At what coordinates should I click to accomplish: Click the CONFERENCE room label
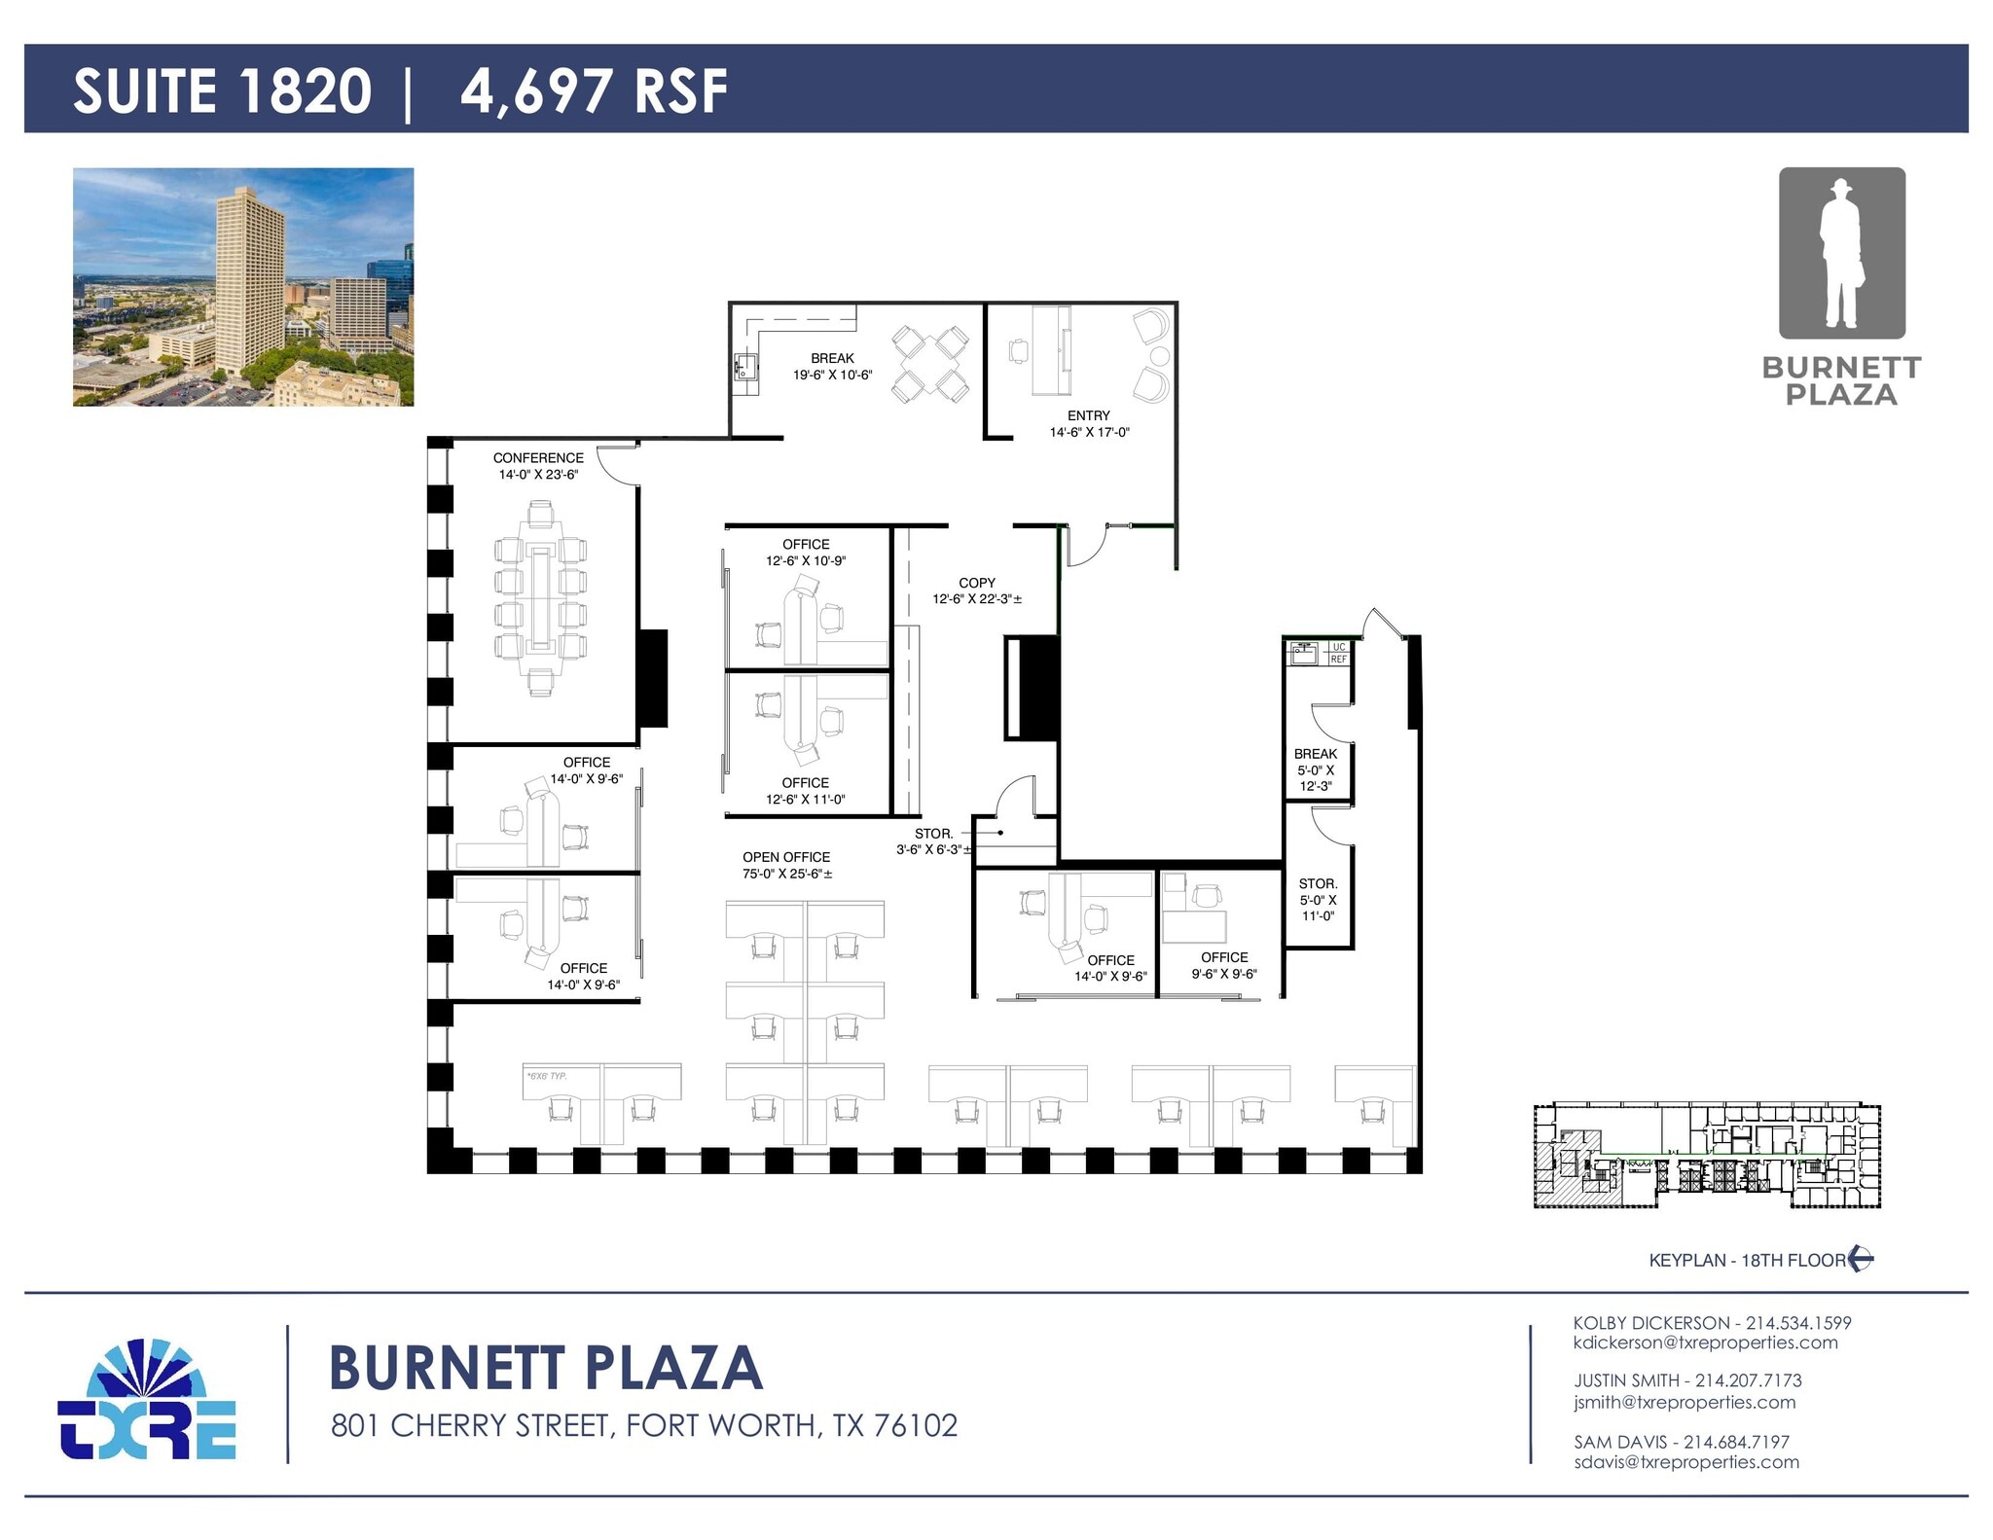coord(537,457)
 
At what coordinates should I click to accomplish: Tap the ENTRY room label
coord(1088,415)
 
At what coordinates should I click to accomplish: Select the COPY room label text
coord(977,583)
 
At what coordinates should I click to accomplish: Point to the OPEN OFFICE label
coord(786,857)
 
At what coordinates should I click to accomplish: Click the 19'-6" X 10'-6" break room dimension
coord(832,375)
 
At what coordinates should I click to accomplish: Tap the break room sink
coord(746,368)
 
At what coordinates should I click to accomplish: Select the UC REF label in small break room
coord(1338,653)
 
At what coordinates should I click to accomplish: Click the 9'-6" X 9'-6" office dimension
coord(1224,974)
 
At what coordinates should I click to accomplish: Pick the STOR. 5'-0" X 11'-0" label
coord(1318,899)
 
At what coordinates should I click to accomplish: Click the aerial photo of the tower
coord(243,287)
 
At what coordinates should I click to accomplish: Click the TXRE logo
coord(147,1401)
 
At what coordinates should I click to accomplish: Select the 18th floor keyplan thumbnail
coord(1707,1156)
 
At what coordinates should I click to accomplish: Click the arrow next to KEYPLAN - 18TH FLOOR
coord(1861,1259)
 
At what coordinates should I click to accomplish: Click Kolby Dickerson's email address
coord(1705,1343)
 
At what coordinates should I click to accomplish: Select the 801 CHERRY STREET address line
coord(643,1425)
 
